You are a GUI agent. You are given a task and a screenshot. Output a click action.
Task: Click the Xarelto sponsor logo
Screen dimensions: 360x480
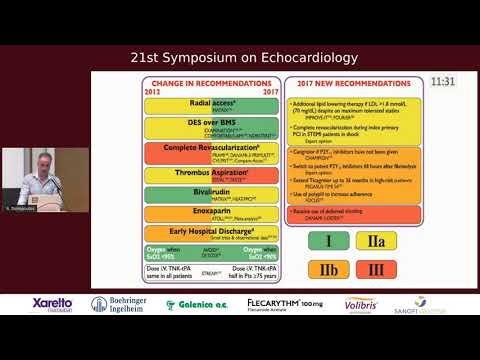tap(53, 304)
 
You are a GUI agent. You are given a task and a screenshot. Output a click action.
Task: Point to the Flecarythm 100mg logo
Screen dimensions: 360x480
tap(284, 304)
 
